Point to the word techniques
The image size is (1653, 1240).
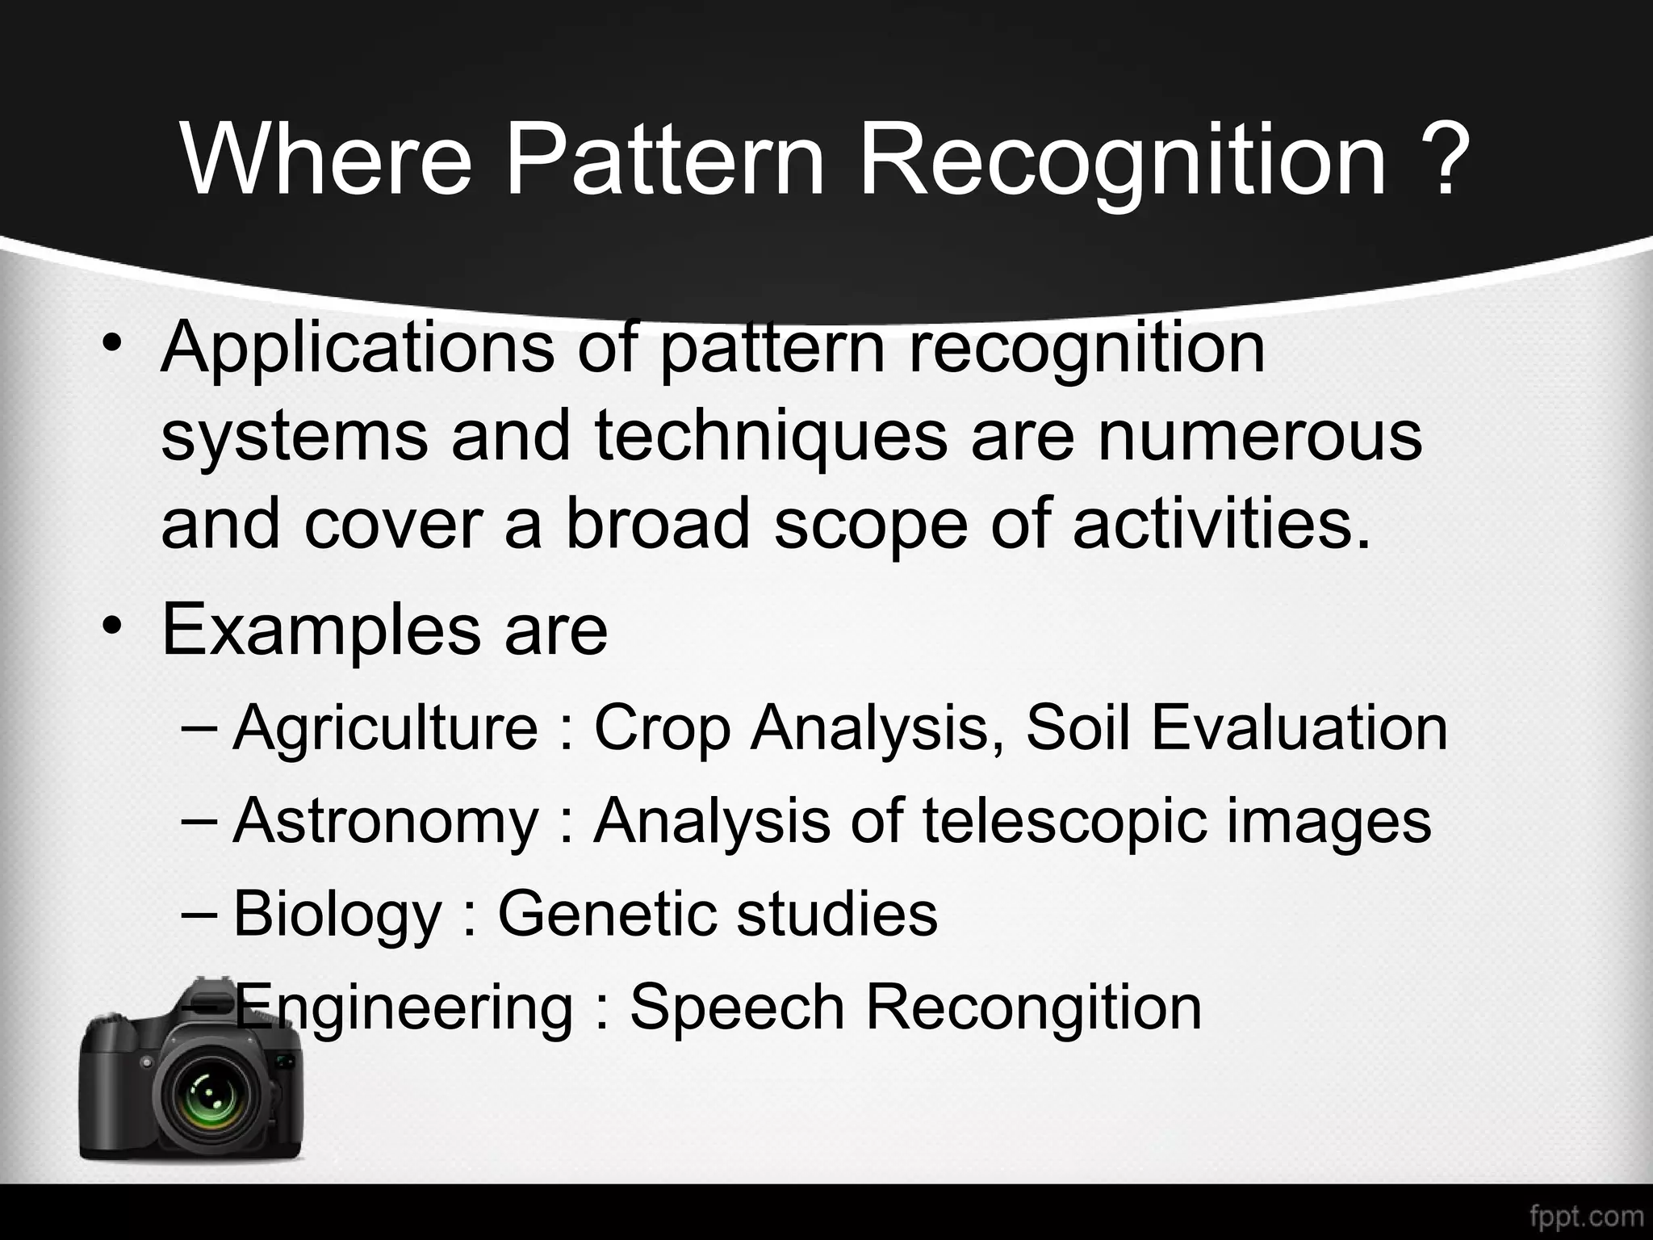pyautogui.click(x=772, y=437)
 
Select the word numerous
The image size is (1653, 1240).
pyautogui.click(x=1259, y=437)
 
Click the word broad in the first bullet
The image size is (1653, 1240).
pyautogui.click(x=658, y=525)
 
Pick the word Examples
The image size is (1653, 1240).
pyautogui.click(x=321, y=630)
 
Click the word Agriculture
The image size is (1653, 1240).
pyautogui.click(x=385, y=727)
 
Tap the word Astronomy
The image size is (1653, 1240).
pyautogui.click(x=385, y=820)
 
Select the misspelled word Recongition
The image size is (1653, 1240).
pyautogui.click(x=1033, y=1007)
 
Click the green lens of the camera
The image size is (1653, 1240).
pyautogui.click(x=209, y=1101)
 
